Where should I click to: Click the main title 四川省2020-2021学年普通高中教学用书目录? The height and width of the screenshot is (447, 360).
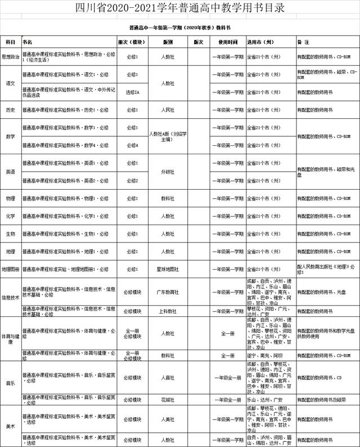180,8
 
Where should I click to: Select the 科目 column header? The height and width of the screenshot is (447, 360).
10,42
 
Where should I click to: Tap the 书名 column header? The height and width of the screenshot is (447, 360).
28,42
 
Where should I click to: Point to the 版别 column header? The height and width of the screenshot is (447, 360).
168,42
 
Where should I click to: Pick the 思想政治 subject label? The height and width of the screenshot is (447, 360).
11,57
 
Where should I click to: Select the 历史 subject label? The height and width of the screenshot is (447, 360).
10,110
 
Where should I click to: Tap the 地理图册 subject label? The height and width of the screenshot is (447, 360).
11,269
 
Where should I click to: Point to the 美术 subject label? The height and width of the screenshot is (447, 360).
10,426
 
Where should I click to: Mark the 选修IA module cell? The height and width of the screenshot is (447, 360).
133,92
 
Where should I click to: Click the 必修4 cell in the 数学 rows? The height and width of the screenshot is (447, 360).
133,145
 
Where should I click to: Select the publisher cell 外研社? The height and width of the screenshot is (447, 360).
168,171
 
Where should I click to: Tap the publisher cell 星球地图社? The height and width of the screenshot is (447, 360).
168,269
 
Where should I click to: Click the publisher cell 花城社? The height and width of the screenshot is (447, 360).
168,400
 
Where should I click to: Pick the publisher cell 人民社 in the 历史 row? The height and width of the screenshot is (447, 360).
168,110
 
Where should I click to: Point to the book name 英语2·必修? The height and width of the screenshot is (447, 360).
65,181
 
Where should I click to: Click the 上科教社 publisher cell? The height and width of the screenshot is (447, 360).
168,311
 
